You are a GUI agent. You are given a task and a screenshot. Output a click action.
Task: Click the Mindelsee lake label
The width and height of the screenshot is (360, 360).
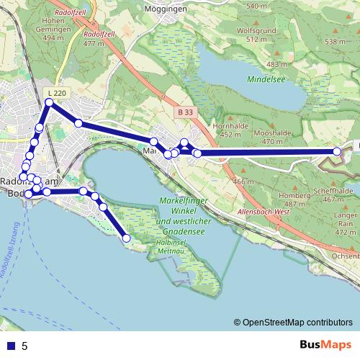click(266, 78)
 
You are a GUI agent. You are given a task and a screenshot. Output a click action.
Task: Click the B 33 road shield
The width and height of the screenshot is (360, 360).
click(186, 112)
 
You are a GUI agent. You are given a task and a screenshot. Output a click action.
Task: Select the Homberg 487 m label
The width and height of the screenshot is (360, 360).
click(294, 199)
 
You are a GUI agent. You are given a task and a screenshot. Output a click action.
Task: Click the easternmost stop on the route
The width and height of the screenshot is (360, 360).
click(337, 151)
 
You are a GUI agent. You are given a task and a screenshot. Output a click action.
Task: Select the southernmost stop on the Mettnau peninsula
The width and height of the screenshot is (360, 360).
click(127, 238)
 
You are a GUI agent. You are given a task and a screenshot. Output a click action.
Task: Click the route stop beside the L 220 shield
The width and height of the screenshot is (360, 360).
click(49, 103)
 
